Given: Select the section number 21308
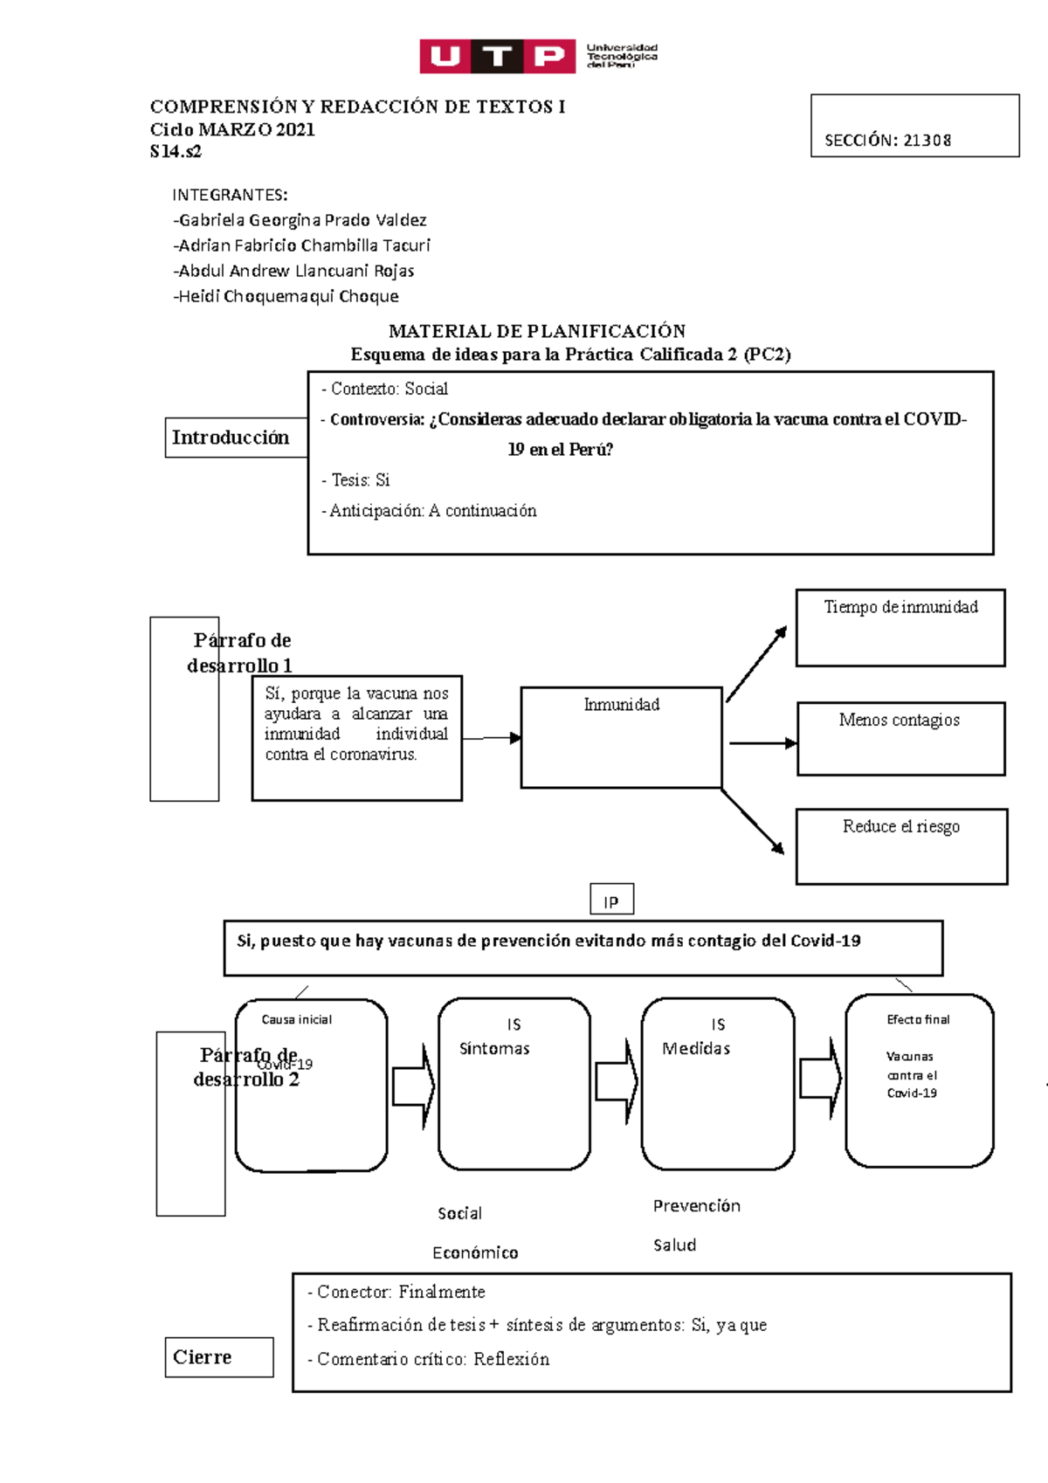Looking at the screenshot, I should [927, 141].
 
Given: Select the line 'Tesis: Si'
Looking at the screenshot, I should [355, 480].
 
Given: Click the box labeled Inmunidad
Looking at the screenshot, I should [621, 737].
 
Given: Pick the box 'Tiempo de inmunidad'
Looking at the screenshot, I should [900, 627].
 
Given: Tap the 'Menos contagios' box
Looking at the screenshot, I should [900, 738].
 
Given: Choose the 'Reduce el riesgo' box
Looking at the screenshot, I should [901, 845].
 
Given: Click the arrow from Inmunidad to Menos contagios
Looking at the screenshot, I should [762, 743].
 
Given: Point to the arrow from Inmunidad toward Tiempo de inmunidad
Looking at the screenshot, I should [756, 664].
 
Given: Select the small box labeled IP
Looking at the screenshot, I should [611, 900].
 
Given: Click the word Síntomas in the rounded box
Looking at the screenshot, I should [494, 1049].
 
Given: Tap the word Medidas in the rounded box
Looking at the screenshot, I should [696, 1049].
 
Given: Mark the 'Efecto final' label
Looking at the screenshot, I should [918, 1019].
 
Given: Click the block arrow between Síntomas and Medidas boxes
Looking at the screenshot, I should [617, 1081].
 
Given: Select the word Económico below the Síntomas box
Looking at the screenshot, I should [475, 1252].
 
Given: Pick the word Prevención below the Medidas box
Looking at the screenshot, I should [697, 1206].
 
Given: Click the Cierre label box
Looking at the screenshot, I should [219, 1357].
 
